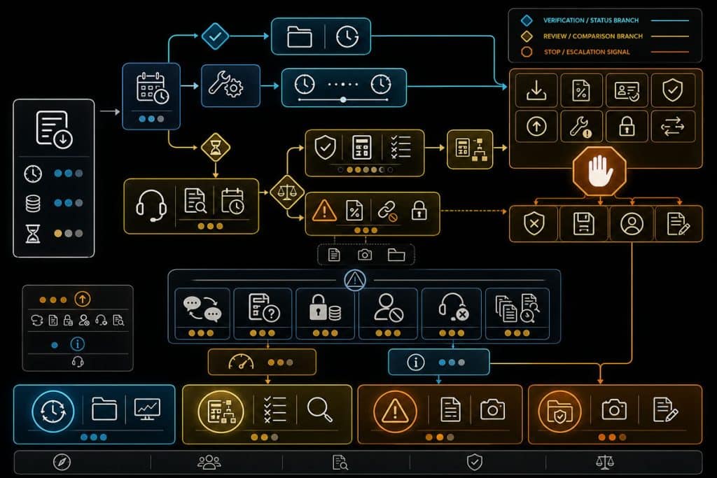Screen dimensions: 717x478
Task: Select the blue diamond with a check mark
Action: click(215, 36)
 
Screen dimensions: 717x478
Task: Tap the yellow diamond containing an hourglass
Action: click(216, 148)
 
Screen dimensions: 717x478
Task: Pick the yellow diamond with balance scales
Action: click(287, 192)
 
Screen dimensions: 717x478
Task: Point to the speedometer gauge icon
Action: click(241, 363)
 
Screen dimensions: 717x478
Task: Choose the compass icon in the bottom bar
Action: click(62, 462)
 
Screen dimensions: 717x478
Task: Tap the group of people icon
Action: click(209, 462)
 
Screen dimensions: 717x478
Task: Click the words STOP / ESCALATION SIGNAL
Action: click(587, 52)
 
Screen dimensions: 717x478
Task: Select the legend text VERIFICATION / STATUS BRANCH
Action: click(591, 20)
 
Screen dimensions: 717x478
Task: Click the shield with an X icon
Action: click(534, 223)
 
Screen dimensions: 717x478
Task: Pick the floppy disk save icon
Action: click(583, 223)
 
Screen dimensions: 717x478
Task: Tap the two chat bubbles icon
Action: click(202, 309)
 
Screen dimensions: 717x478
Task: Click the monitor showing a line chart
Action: click(147, 409)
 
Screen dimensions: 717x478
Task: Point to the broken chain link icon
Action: click(387, 211)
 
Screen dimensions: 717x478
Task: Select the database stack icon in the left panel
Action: click(33, 204)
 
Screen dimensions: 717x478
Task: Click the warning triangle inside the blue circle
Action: click(355, 280)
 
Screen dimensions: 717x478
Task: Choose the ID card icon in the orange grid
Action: click(627, 91)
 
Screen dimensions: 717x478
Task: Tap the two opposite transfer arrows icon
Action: click(673, 127)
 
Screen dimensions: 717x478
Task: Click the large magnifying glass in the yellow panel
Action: click(319, 409)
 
